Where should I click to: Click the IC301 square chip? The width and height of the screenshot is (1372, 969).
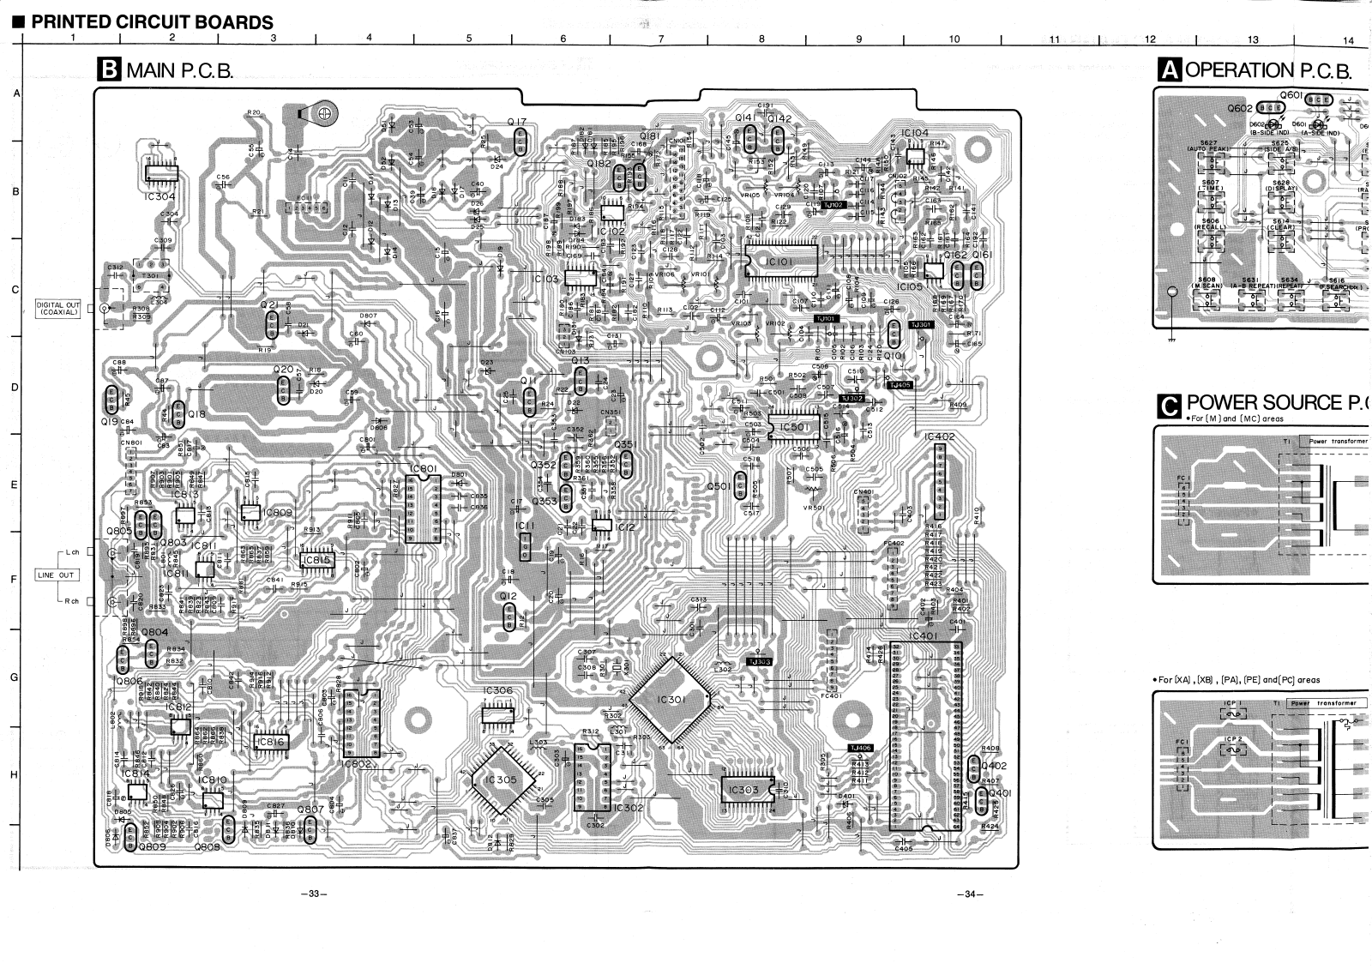pos(671,700)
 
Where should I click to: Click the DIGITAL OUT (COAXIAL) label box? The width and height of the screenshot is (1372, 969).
pos(58,308)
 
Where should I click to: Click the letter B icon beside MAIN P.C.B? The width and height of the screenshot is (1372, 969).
pos(110,69)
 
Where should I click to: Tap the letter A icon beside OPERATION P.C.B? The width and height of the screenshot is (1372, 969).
pos(1169,69)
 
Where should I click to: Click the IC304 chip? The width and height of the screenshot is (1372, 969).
pos(159,171)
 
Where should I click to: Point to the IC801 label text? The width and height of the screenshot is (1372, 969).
pos(424,468)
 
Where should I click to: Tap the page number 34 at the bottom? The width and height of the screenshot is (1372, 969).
pos(970,894)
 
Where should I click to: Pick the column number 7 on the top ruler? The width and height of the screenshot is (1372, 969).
pos(660,39)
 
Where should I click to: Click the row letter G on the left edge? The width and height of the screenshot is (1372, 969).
pos(14,677)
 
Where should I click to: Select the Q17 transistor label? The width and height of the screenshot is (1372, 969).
pos(516,123)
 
